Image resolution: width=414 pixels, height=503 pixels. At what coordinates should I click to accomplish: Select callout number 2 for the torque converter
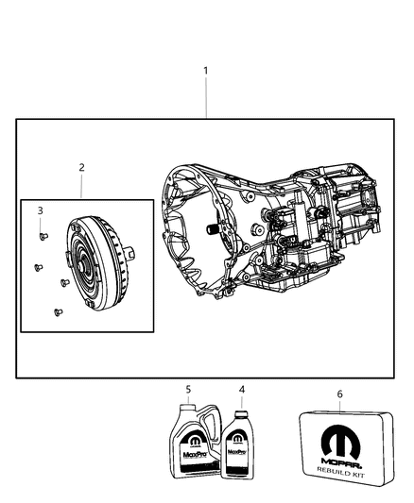82,167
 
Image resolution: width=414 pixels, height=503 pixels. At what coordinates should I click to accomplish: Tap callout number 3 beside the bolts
41,210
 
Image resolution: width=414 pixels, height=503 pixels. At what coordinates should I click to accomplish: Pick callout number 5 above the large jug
188,388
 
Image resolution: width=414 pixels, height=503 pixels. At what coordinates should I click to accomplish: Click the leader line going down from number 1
207,99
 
